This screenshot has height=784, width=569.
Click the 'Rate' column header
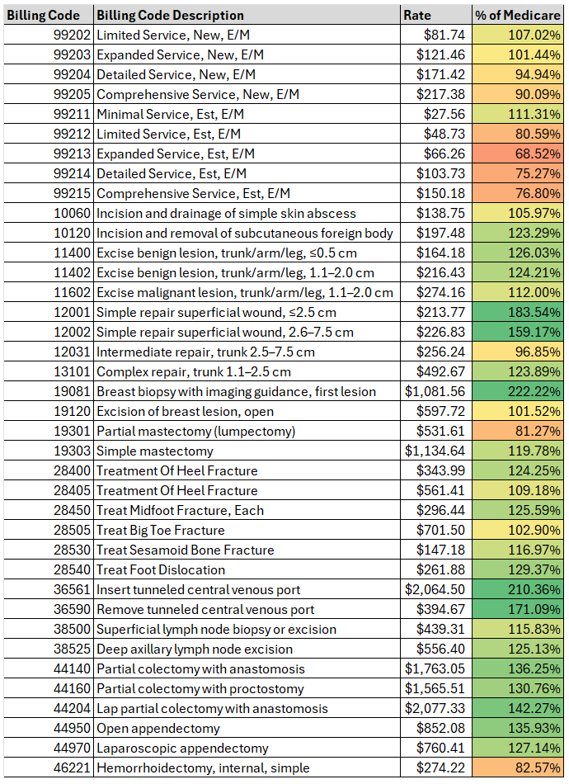tap(416, 15)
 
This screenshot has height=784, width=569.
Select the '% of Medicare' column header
tap(518, 15)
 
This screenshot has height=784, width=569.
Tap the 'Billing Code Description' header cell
tap(170, 15)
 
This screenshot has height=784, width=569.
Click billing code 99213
tap(69, 154)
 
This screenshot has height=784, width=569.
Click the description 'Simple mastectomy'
tap(155, 451)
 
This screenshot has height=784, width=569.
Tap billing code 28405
tap(69, 491)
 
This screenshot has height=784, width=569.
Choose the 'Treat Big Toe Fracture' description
tap(161, 531)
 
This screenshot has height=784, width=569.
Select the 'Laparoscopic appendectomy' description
tap(182, 749)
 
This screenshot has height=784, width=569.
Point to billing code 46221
tap(69, 768)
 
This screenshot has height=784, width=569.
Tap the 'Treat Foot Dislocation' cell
tap(161, 570)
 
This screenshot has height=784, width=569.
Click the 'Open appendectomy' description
tap(158, 729)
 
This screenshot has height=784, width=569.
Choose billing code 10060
tap(69, 214)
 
